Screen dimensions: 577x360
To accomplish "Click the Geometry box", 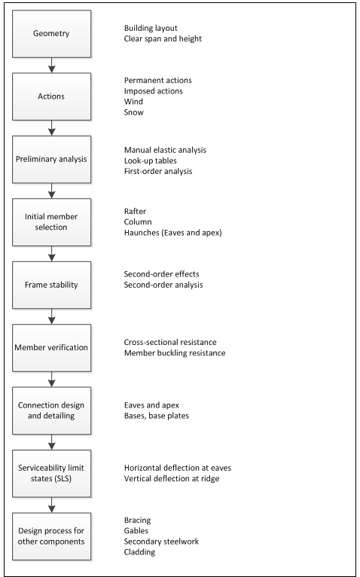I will coord(50,33).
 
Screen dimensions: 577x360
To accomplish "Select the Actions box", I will coord(50,96).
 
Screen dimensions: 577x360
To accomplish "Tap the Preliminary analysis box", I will coord(50,159).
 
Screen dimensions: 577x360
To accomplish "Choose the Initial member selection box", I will coord(50,221).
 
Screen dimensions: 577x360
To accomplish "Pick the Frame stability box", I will coord(50,285).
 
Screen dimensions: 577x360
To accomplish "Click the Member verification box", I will coord(50,347).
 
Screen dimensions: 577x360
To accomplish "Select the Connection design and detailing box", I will coord(50,411).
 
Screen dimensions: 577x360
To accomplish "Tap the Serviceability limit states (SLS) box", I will coord(50,473).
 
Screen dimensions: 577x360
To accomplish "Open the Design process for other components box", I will coord(50,536).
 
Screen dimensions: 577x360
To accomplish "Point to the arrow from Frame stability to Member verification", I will coord(50,316).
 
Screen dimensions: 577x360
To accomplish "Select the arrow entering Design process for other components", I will coord(50,505).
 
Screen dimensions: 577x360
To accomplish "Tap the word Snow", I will coord(134,112).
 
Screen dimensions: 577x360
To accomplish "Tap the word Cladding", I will coord(141,552).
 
